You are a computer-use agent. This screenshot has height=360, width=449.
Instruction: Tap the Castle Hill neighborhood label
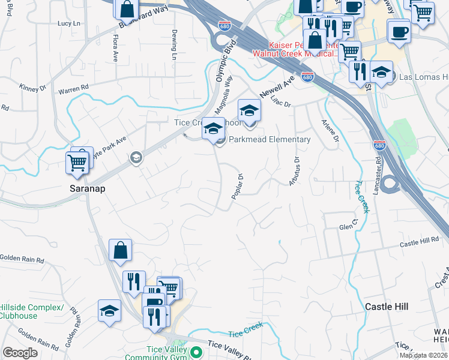[387, 307]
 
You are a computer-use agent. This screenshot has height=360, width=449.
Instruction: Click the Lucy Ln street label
[68, 23]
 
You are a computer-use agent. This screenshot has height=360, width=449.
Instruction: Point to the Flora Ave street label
[115, 48]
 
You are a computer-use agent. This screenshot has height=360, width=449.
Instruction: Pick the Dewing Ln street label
[174, 45]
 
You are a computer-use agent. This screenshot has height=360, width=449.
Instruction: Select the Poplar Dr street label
[238, 187]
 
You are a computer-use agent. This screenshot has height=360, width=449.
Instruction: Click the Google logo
[20, 353]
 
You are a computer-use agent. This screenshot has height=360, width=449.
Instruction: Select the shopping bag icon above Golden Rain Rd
[120, 250]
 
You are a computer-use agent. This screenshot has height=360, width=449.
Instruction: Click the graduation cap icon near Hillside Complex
[109, 311]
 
